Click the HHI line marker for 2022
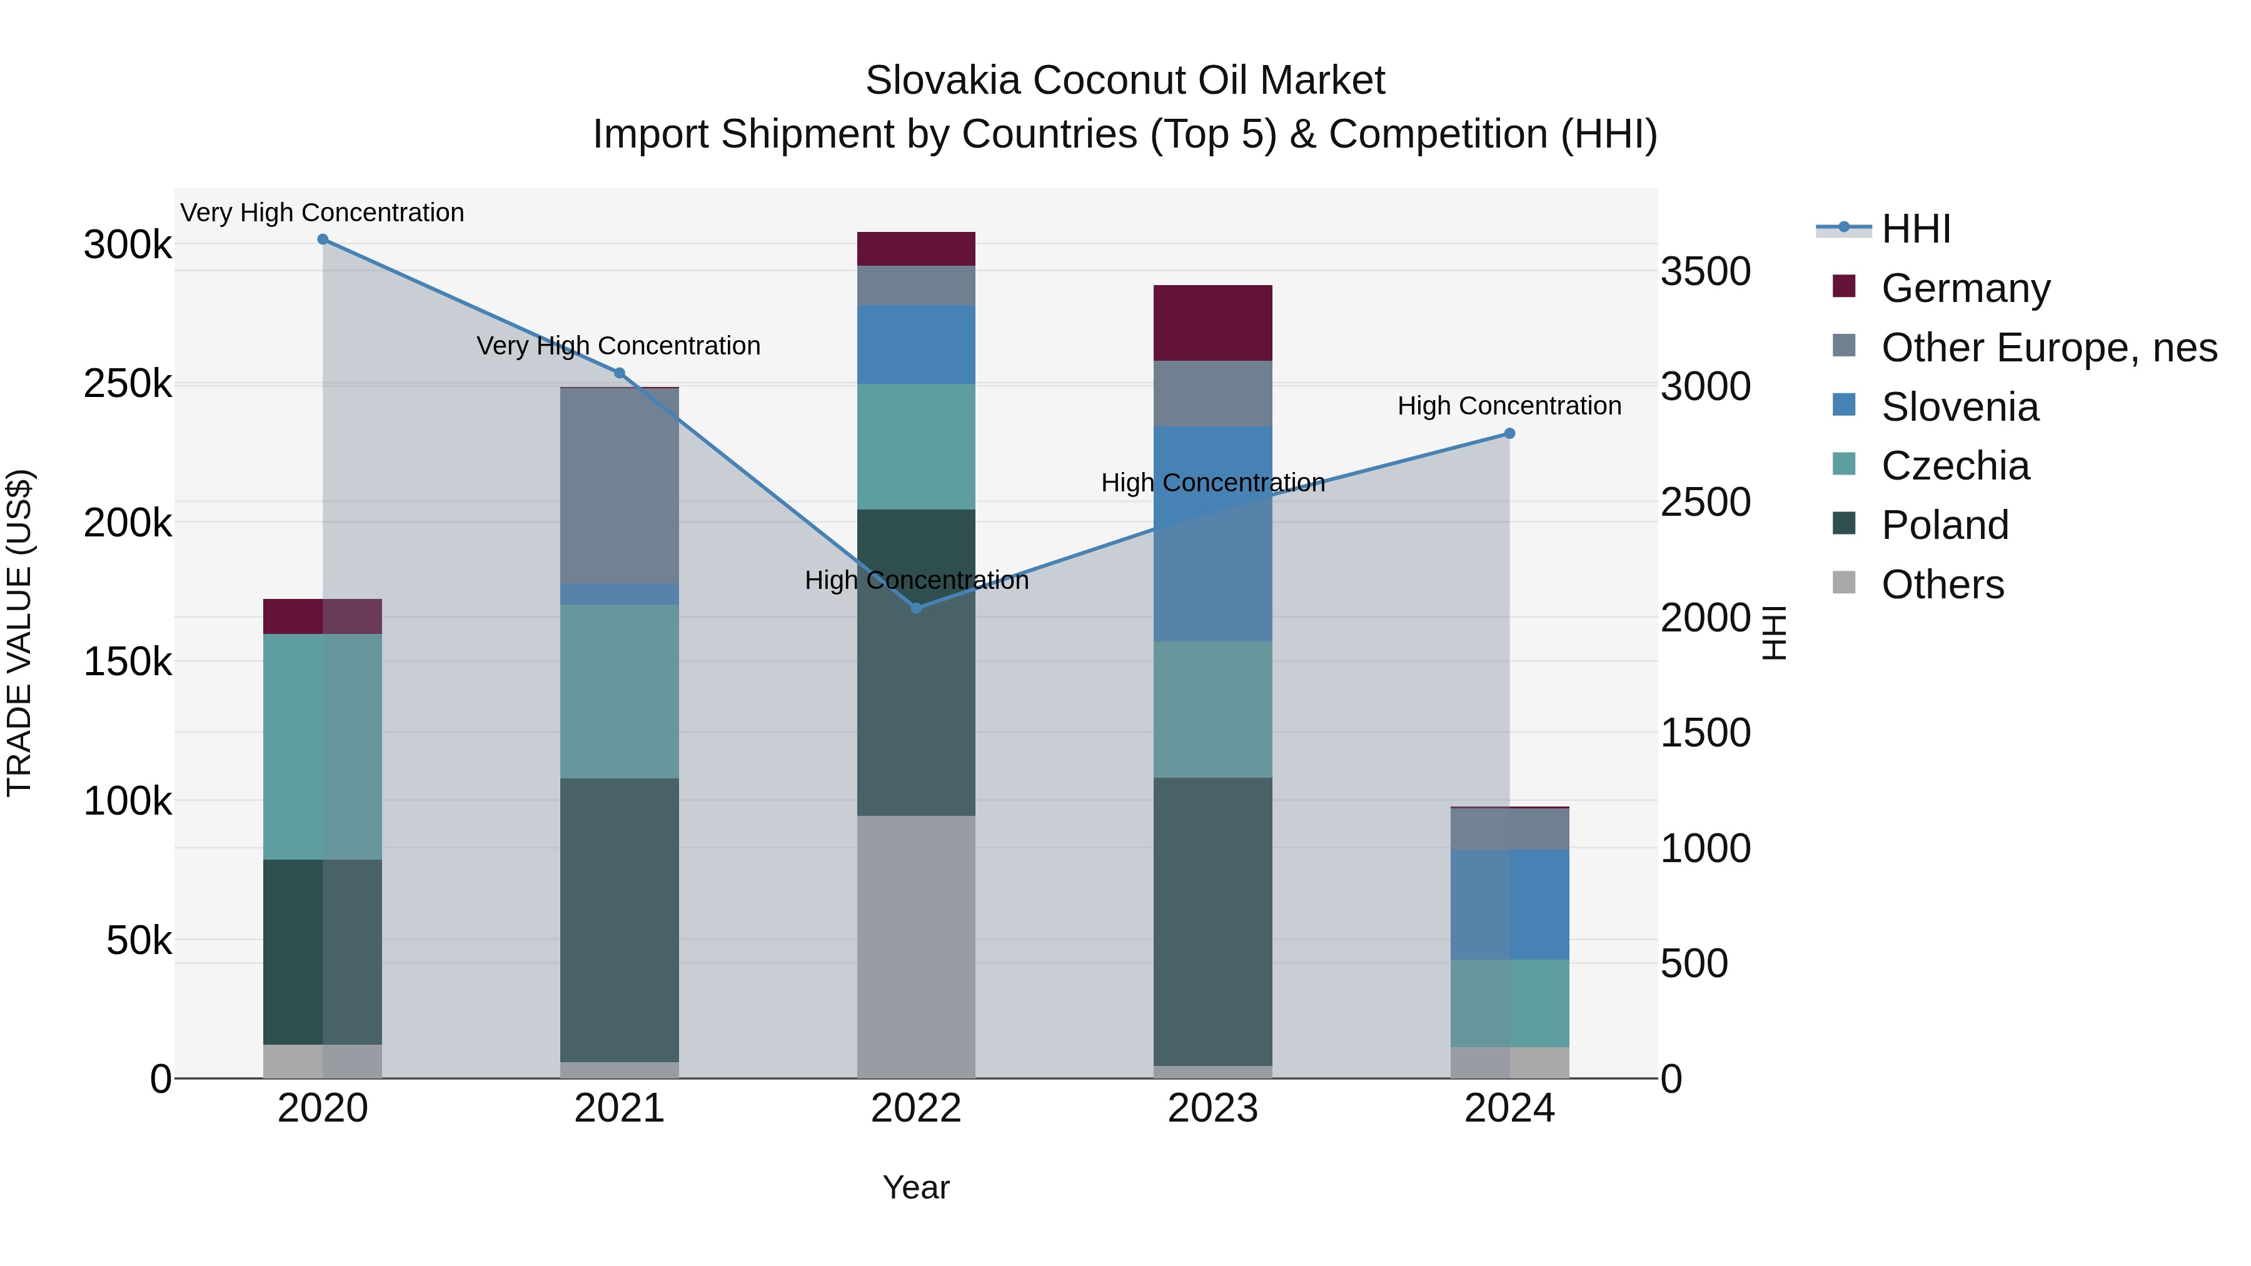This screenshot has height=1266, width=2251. [x=916, y=608]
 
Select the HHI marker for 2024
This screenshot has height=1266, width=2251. [x=1509, y=433]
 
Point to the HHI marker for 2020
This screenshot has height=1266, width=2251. [x=323, y=239]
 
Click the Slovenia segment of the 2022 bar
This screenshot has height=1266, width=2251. [x=916, y=344]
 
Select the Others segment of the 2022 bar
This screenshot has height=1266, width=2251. [x=916, y=947]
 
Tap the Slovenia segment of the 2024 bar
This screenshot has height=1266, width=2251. [x=1509, y=904]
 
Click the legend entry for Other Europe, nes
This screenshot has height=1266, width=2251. [x=2048, y=348]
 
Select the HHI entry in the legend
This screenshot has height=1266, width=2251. [x=1915, y=229]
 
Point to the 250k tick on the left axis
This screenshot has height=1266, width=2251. [x=128, y=384]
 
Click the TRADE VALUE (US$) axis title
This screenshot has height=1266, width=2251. [x=19, y=633]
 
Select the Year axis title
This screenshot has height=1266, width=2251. [x=916, y=1187]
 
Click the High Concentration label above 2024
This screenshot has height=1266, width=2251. [x=1509, y=406]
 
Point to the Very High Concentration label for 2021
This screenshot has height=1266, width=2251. [x=618, y=346]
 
